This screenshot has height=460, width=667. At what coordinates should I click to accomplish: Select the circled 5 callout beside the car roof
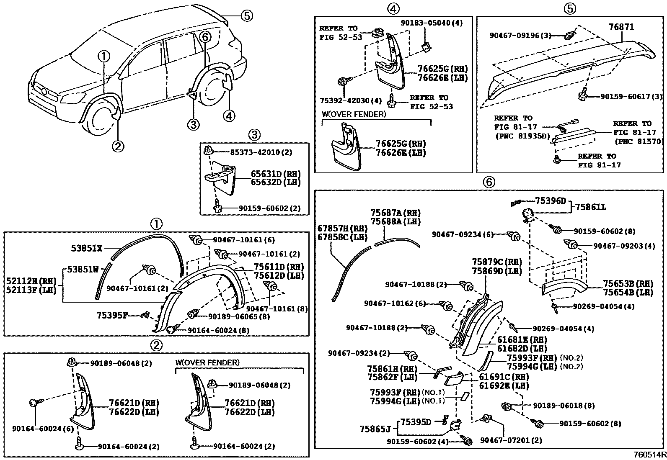(246, 16)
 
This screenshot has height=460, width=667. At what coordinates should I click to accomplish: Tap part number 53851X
(86, 248)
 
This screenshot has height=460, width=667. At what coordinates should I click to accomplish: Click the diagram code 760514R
(649, 455)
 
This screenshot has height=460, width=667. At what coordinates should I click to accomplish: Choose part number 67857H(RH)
(342, 229)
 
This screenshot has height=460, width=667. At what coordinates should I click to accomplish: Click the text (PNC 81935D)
(518, 136)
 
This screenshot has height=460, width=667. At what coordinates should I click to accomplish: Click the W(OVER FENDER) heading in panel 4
(354, 114)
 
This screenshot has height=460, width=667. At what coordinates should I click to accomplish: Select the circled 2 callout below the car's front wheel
(118, 146)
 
